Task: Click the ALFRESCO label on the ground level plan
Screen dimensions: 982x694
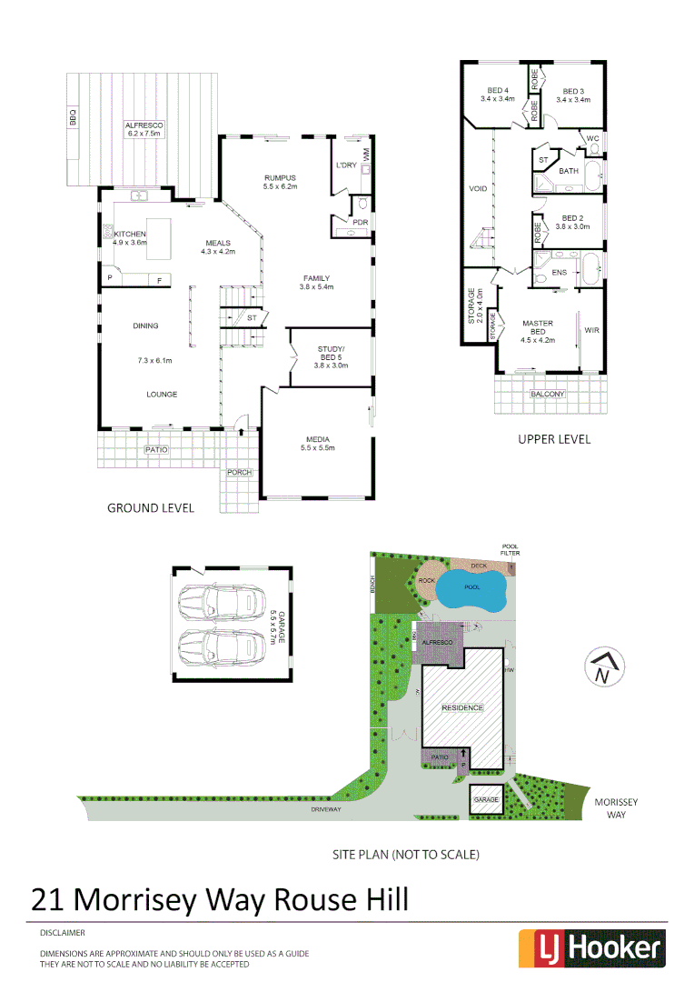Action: click(143, 124)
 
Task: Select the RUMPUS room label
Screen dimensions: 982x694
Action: click(281, 177)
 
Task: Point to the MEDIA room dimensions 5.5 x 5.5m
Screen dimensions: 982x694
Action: click(318, 447)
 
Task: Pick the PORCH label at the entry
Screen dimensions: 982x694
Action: click(240, 472)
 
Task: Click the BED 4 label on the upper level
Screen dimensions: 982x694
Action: click(497, 90)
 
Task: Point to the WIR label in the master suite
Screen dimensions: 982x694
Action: click(591, 330)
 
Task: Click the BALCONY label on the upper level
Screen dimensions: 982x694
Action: click(548, 394)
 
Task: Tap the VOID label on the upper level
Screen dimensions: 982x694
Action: click(478, 189)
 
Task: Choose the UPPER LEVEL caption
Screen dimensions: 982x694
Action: click(554, 439)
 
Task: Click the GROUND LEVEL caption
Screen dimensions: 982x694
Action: click(151, 508)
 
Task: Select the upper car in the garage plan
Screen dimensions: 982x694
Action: click(218, 602)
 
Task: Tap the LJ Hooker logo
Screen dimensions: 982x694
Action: click(591, 948)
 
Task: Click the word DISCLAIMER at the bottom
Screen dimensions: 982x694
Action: click(63, 933)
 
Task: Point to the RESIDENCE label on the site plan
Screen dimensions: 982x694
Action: click(462, 707)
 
